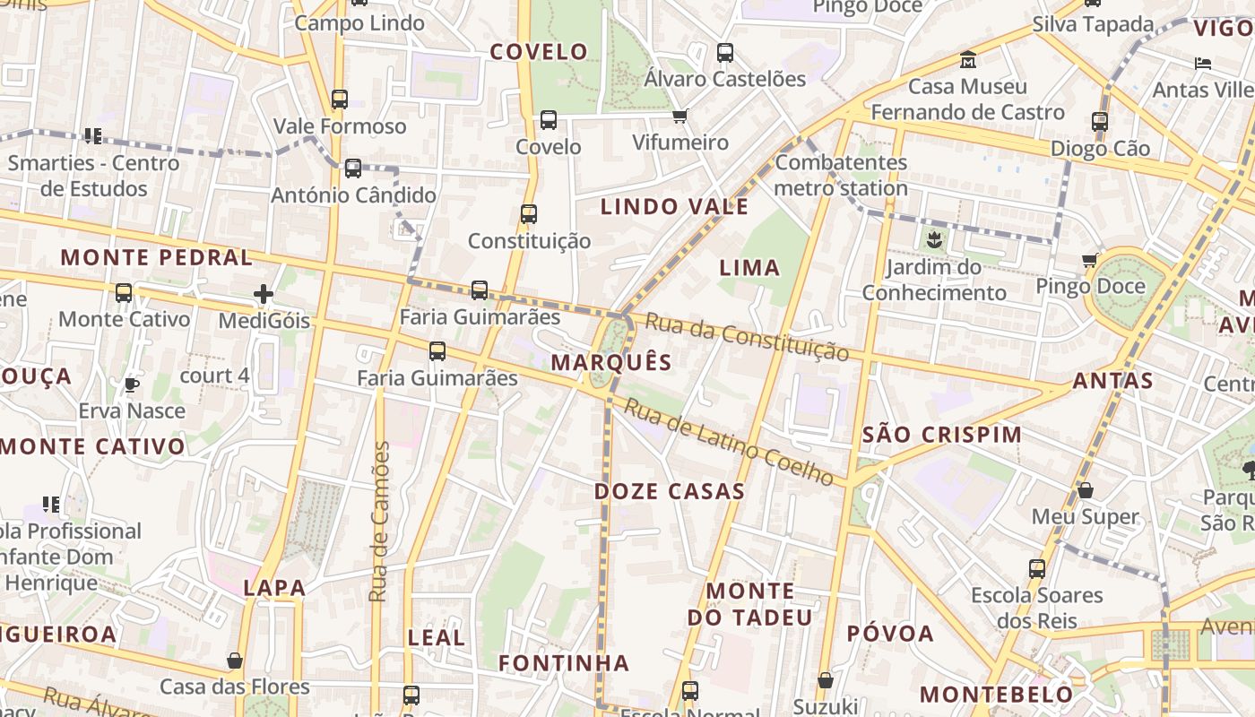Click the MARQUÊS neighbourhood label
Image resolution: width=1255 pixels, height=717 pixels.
click(x=611, y=362)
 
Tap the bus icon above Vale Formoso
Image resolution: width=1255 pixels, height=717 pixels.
click(x=339, y=99)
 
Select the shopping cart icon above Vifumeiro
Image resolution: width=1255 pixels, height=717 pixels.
click(x=680, y=116)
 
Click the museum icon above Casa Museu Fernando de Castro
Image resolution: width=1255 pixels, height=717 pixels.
click(x=968, y=60)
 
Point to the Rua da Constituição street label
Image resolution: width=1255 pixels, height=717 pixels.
click(x=747, y=337)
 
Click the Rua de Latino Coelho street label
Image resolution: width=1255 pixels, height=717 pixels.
click(x=729, y=442)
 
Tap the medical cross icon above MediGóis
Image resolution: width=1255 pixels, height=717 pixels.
click(x=264, y=294)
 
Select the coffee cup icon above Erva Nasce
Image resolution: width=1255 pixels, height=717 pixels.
click(x=132, y=384)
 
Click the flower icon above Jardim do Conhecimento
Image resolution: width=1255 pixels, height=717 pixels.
click(x=934, y=239)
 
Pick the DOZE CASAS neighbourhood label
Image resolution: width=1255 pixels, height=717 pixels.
click(x=670, y=491)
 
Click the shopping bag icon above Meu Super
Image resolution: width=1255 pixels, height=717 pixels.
click(x=1085, y=490)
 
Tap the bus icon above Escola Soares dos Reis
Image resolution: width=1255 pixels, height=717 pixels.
click(x=1037, y=568)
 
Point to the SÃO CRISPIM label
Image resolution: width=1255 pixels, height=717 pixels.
click(x=941, y=435)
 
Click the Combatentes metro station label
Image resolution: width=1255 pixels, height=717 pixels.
click(x=841, y=176)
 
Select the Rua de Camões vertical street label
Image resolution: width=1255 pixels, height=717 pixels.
click(x=380, y=522)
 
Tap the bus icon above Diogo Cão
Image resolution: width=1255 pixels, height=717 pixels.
click(x=1100, y=121)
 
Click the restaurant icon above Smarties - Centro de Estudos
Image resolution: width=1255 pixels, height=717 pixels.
click(x=92, y=136)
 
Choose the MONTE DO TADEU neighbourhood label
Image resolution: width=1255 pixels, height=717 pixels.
click(x=750, y=604)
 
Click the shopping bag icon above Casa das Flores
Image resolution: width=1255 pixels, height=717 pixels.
click(x=235, y=661)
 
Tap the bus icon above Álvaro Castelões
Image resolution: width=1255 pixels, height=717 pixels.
click(x=725, y=53)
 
